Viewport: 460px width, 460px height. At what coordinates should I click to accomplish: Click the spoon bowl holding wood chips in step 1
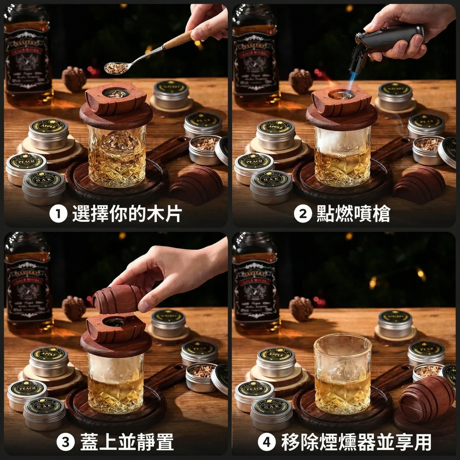(116, 67)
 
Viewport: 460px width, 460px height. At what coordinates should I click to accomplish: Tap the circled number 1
(58, 214)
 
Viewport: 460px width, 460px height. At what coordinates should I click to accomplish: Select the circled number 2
(303, 214)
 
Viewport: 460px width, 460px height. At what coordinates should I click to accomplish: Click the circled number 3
(66, 442)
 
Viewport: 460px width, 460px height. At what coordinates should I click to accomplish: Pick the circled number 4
(266, 442)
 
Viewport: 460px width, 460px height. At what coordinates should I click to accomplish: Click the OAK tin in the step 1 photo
(44, 186)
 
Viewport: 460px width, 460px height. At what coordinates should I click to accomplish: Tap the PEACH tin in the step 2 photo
(254, 166)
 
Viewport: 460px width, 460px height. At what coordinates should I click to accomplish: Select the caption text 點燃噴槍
(353, 214)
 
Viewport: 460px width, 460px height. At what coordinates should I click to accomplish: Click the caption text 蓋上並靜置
(127, 442)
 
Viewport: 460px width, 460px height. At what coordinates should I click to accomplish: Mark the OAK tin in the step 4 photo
(271, 412)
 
